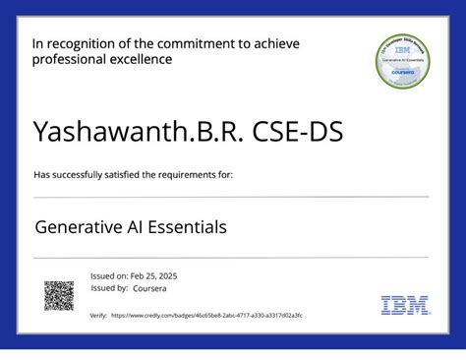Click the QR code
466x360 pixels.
coord(59,295)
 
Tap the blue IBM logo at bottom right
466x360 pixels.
coord(404,305)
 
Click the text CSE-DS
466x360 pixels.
coord(296,132)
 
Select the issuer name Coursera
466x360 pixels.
coord(152,288)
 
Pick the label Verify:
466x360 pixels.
coord(98,315)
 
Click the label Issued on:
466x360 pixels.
coord(108,276)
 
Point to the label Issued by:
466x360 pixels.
coord(108,288)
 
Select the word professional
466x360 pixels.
coord(69,59)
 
